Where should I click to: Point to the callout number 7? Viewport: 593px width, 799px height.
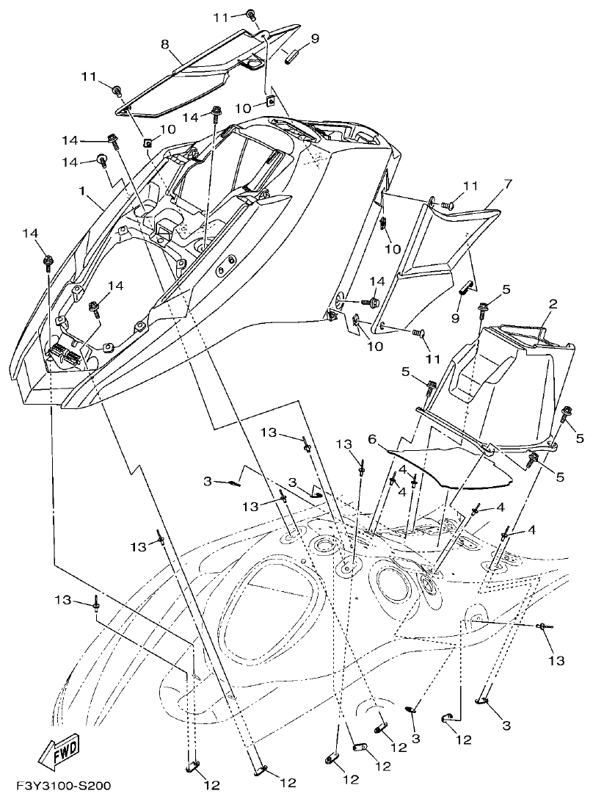coord(506,182)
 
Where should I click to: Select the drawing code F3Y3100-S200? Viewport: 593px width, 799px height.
coord(57,786)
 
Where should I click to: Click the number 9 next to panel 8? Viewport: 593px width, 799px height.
coord(315,39)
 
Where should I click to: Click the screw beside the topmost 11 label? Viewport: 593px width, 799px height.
coord(251,14)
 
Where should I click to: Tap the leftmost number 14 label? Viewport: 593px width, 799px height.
coord(29,234)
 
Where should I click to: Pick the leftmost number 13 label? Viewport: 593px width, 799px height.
coord(63,600)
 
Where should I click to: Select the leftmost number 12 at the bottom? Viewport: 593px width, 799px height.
coord(211,785)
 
